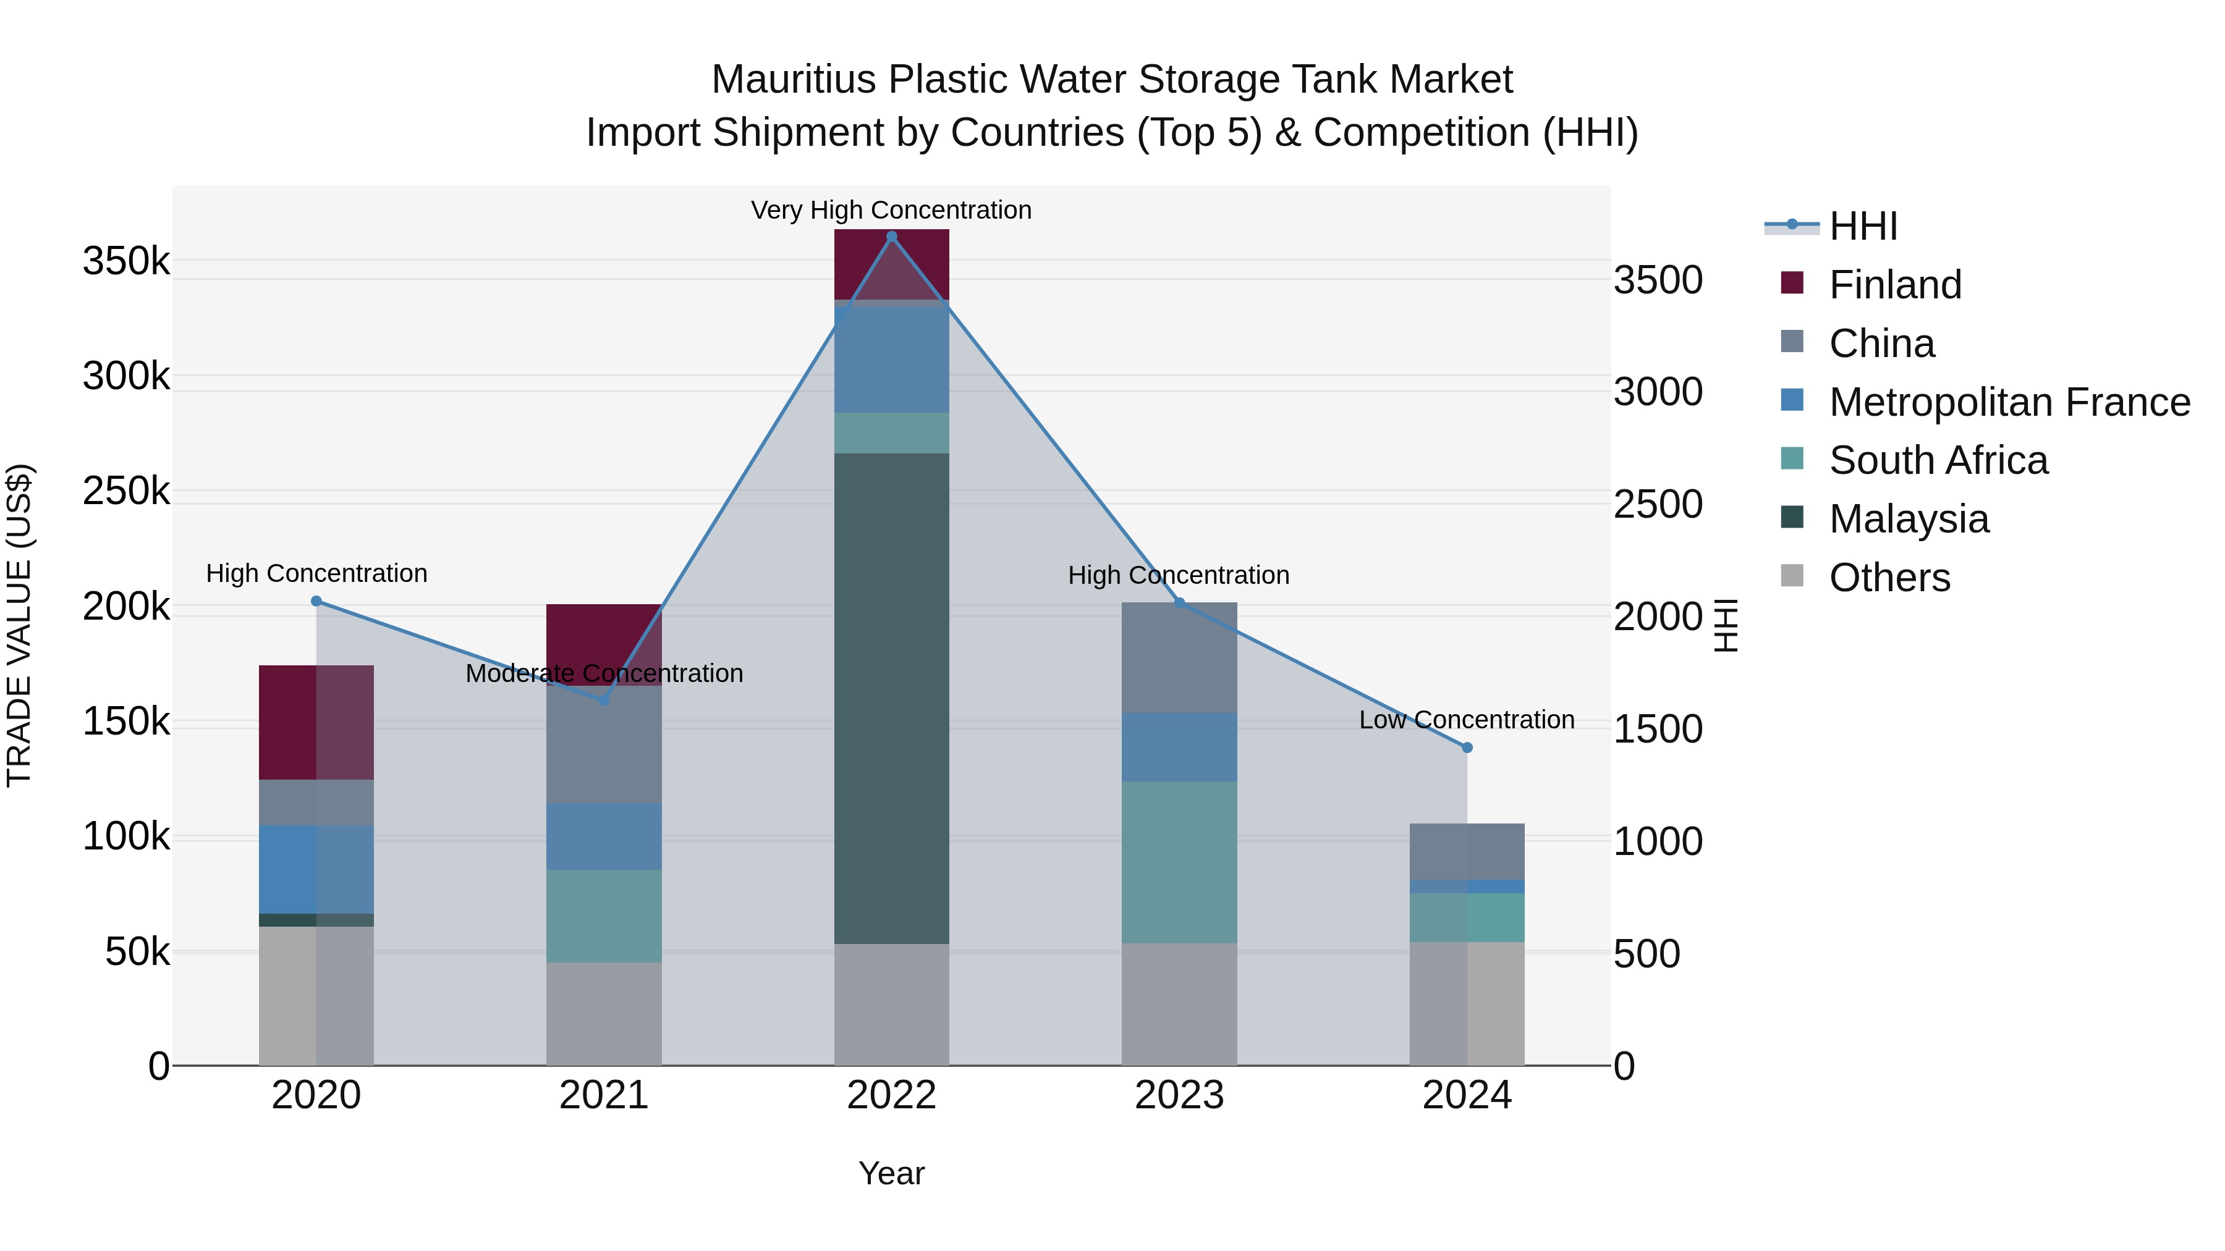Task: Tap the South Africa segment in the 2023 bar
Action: click(x=1179, y=862)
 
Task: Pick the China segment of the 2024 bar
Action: click(x=1467, y=851)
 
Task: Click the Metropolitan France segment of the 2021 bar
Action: click(x=604, y=836)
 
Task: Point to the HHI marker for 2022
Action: click(x=891, y=237)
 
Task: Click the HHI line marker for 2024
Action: click(x=1467, y=748)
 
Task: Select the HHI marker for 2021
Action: click(x=604, y=700)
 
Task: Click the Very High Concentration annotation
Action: click(x=891, y=211)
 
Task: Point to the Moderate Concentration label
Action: click(x=604, y=673)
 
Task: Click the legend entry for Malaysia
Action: click(x=1909, y=519)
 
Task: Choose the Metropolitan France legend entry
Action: click(x=2009, y=402)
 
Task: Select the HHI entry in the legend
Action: click(x=1862, y=226)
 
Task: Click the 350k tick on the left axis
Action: click(x=126, y=261)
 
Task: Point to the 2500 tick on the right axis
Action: click(x=1658, y=504)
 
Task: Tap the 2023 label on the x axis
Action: click(x=1179, y=1095)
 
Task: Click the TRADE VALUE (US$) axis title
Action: click(x=19, y=625)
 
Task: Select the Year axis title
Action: click(x=891, y=1173)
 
